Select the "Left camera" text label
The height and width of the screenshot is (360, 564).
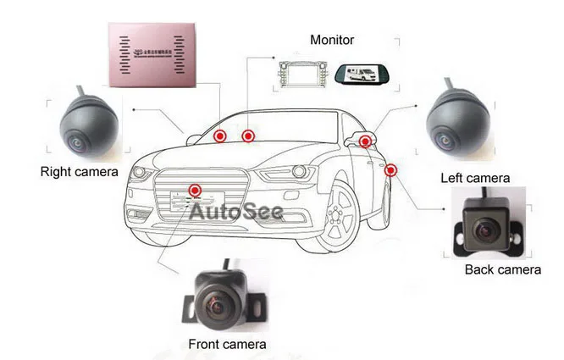point(475,178)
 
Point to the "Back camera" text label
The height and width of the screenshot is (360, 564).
point(502,269)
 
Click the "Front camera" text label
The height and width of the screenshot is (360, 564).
point(226,344)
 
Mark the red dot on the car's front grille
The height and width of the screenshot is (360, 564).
point(196,191)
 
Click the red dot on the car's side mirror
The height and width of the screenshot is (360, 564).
point(365,141)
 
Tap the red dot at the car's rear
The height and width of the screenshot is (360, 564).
point(390,170)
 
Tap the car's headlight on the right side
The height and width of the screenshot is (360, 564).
point(291,174)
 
